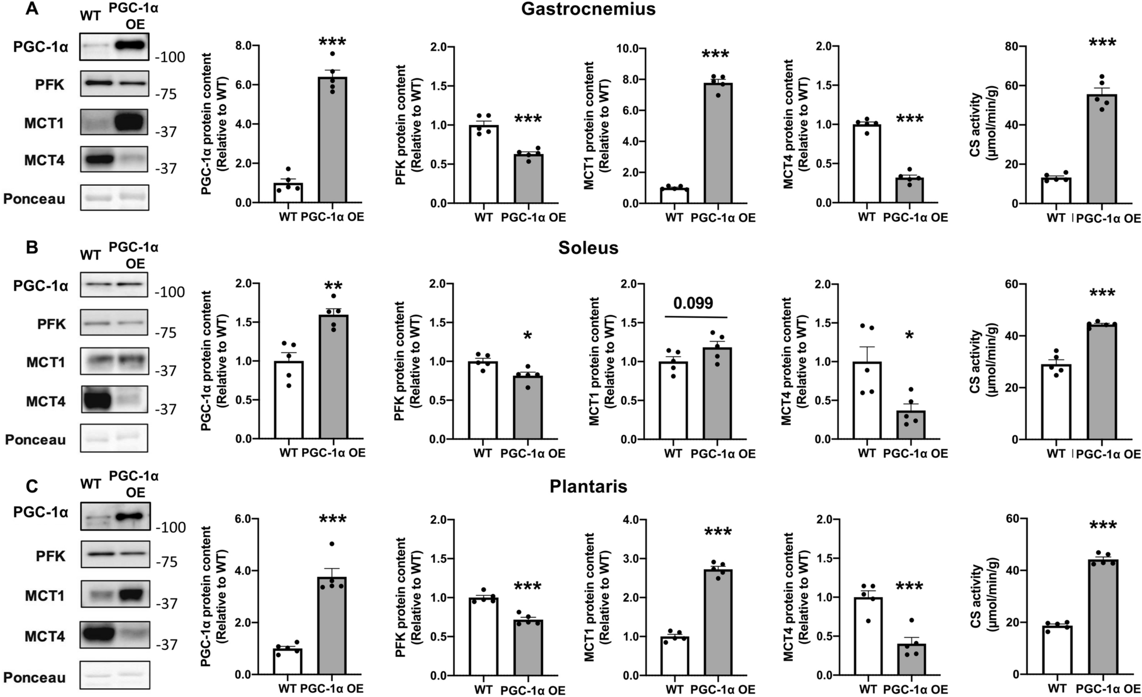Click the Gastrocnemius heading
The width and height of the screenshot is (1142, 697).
click(x=588, y=9)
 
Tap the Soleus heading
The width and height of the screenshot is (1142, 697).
click(x=588, y=248)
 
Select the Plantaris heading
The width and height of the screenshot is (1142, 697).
click(x=588, y=486)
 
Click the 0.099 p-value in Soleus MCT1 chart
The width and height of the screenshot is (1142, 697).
click(x=693, y=303)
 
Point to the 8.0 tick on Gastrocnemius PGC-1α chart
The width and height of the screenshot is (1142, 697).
click(x=247, y=46)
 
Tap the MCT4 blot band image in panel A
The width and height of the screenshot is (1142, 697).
click(x=115, y=160)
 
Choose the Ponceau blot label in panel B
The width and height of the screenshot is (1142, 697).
click(x=35, y=440)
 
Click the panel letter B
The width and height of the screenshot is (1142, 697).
click(x=32, y=248)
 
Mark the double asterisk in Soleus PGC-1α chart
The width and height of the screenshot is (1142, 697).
click(x=333, y=286)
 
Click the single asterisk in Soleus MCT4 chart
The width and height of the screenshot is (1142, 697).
click(x=910, y=336)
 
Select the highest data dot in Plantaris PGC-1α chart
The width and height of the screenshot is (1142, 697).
click(x=332, y=544)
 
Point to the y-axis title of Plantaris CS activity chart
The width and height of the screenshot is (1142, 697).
click(x=981, y=597)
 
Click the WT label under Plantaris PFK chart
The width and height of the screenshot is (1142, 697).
click(x=483, y=689)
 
